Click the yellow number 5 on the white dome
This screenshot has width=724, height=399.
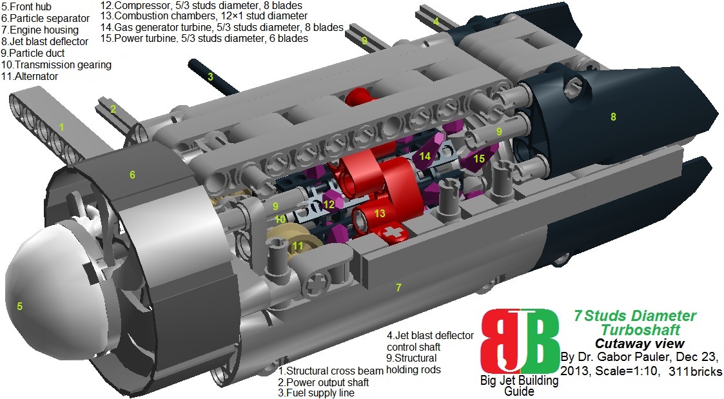[19, 307]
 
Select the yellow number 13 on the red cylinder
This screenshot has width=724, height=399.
[380, 213]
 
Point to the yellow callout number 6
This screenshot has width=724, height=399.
[132, 175]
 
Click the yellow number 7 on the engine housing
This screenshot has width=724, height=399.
[399, 287]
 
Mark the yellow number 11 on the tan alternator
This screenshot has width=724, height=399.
[297, 246]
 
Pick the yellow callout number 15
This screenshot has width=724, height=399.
[478, 158]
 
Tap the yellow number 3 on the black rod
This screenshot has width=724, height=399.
[210, 77]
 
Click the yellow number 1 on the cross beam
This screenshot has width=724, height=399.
[62, 127]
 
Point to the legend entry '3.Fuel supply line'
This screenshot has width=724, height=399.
[316, 393]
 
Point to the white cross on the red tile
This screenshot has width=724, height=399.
[391, 232]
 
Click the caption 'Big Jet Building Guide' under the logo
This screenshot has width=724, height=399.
[519, 385]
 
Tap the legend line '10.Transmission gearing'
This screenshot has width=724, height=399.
[57, 64]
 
